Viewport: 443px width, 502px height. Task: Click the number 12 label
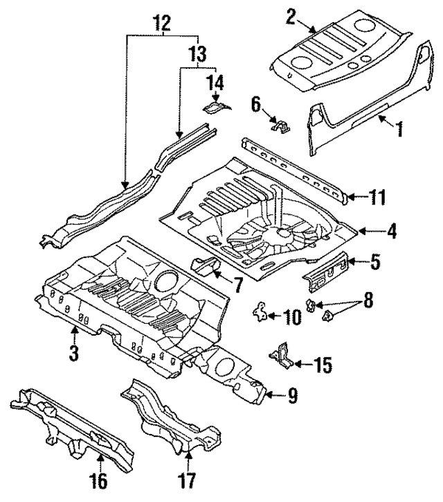(162, 25)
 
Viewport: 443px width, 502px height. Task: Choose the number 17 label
(189, 479)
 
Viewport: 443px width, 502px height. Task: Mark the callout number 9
(293, 396)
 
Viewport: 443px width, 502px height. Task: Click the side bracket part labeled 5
(327, 273)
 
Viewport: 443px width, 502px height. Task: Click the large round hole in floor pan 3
(166, 281)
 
